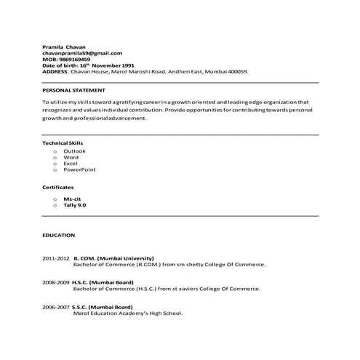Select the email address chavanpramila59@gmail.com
coord(82,53)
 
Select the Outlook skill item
coord(73,151)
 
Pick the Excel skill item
coord(71,163)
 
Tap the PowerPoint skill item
coord(79,169)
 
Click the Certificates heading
coord(57,188)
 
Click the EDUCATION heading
coord(58,236)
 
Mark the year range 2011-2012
coord(56,258)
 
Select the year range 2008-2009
coord(56,281)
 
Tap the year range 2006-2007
coord(56,307)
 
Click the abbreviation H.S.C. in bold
coord(82,281)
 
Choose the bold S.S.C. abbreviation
coord(82,307)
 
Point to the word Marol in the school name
coord(82,313)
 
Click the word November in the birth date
coord(118,65)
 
